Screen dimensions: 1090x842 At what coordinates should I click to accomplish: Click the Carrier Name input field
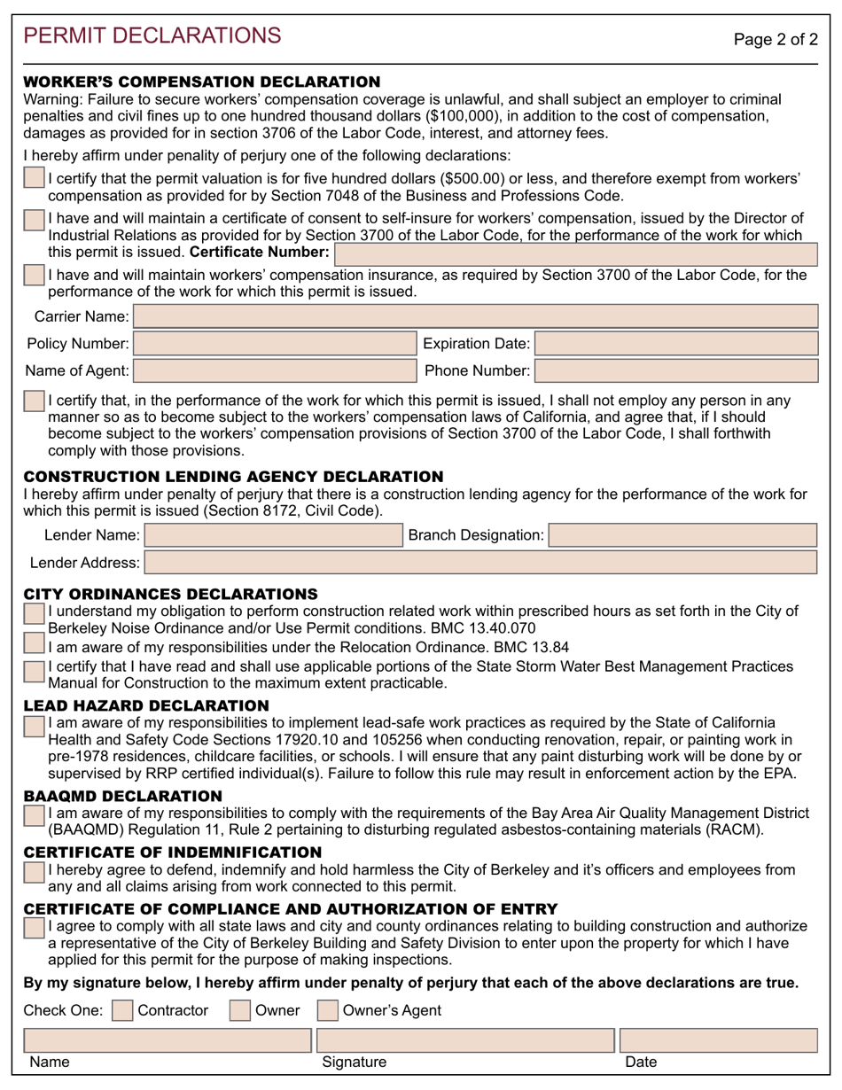pos(476,316)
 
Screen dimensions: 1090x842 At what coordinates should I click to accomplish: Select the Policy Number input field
pos(274,344)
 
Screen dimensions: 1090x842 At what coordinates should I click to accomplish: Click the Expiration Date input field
pos(677,344)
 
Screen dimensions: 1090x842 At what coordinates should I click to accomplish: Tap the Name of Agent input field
pos(274,370)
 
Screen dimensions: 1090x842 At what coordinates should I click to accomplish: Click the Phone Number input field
pos(677,370)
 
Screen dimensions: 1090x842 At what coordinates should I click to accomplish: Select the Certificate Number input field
pos(575,253)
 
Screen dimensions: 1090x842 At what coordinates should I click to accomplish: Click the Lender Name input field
pos(273,534)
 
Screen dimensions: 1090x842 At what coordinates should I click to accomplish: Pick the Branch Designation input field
pos(683,534)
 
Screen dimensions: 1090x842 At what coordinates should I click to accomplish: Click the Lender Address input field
pos(480,562)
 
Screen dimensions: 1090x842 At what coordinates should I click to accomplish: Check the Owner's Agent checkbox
pos(327,1010)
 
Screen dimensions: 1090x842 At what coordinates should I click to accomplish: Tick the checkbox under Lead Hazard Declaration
pos(35,727)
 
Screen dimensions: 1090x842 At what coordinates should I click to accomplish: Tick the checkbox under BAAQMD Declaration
pos(35,815)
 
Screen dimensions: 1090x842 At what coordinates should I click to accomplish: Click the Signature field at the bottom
pos(464,1040)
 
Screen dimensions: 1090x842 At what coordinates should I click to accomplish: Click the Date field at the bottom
pos(718,1040)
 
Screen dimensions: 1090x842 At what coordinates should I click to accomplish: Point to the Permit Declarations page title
pos(152,35)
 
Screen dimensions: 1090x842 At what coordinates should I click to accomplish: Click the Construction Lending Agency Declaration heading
pos(233,477)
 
